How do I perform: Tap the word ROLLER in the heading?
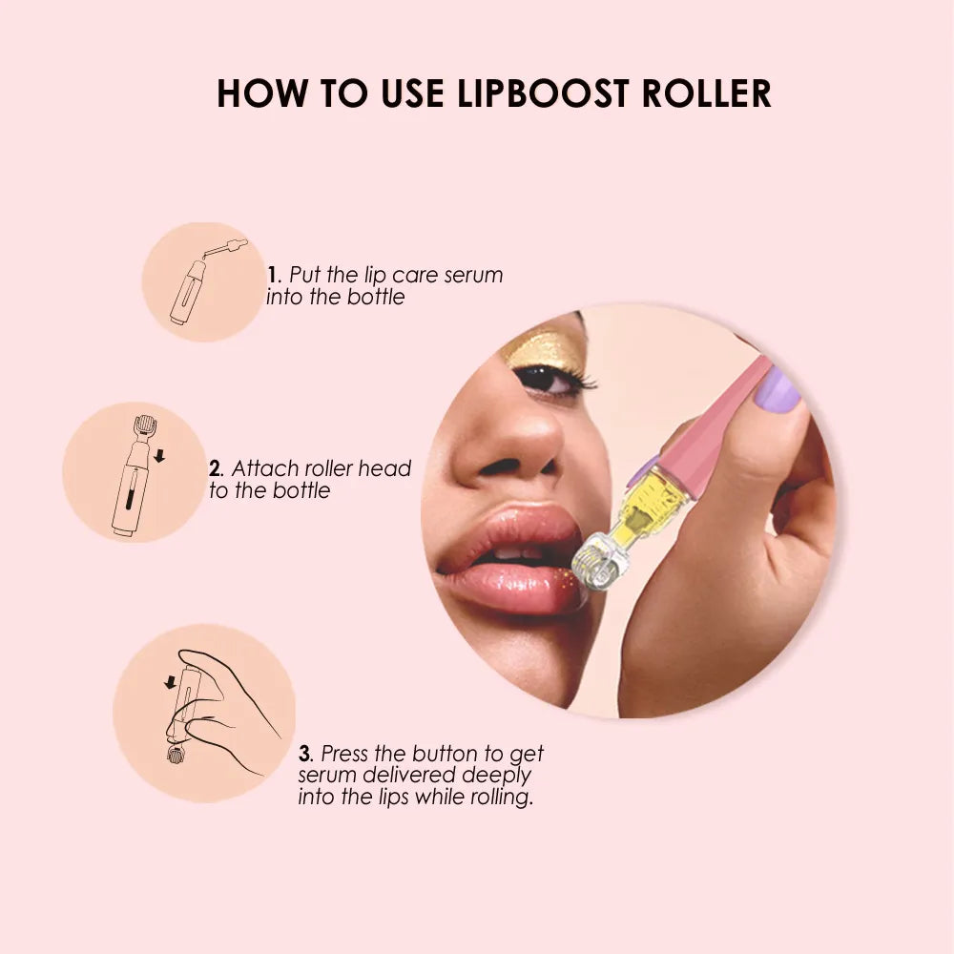click(x=707, y=93)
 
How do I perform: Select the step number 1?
click(x=272, y=275)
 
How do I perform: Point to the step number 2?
click(x=215, y=468)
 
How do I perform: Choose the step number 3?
click(x=304, y=755)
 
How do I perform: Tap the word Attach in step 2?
click(x=262, y=468)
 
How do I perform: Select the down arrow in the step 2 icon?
click(x=159, y=456)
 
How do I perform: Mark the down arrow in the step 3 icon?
click(x=170, y=681)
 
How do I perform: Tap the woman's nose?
click(x=510, y=448)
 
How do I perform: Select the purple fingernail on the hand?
click(x=778, y=391)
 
